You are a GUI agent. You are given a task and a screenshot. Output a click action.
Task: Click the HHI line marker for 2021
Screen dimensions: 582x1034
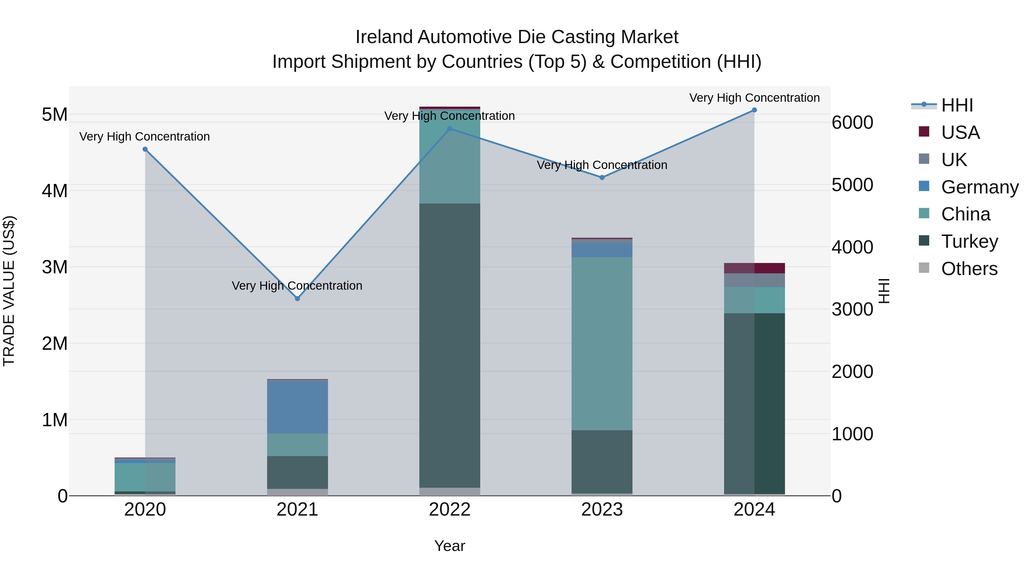(298, 298)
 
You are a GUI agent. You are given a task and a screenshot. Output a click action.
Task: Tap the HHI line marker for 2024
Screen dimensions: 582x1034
(754, 110)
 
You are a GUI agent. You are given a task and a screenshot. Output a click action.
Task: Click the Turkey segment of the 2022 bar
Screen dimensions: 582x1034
(450, 345)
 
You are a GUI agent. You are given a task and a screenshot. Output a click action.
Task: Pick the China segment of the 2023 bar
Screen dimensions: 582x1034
(602, 344)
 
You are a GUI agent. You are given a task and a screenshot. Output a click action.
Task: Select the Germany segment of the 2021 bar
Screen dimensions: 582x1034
(298, 406)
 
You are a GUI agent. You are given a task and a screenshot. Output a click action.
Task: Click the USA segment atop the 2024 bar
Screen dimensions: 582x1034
(754, 268)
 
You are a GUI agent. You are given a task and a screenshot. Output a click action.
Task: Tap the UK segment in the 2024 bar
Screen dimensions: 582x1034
(754, 280)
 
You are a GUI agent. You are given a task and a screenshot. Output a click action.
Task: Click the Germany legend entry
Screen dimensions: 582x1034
(979, 187)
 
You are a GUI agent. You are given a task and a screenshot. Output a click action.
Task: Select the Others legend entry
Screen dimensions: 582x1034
(969, 268)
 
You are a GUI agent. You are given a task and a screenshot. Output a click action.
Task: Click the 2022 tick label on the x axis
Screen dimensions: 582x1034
(450, 510)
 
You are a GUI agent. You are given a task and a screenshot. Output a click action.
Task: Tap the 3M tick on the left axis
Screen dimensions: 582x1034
(55, 267)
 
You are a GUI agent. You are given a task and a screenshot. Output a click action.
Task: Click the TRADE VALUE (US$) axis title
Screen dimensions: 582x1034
(9, 291)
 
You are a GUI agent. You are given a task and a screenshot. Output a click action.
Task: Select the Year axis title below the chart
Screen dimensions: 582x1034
(450, 546)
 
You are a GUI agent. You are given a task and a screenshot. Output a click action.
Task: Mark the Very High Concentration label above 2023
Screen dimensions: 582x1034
(602, 165)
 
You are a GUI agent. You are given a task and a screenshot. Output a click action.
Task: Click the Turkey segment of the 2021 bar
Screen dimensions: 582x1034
(298, 472)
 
